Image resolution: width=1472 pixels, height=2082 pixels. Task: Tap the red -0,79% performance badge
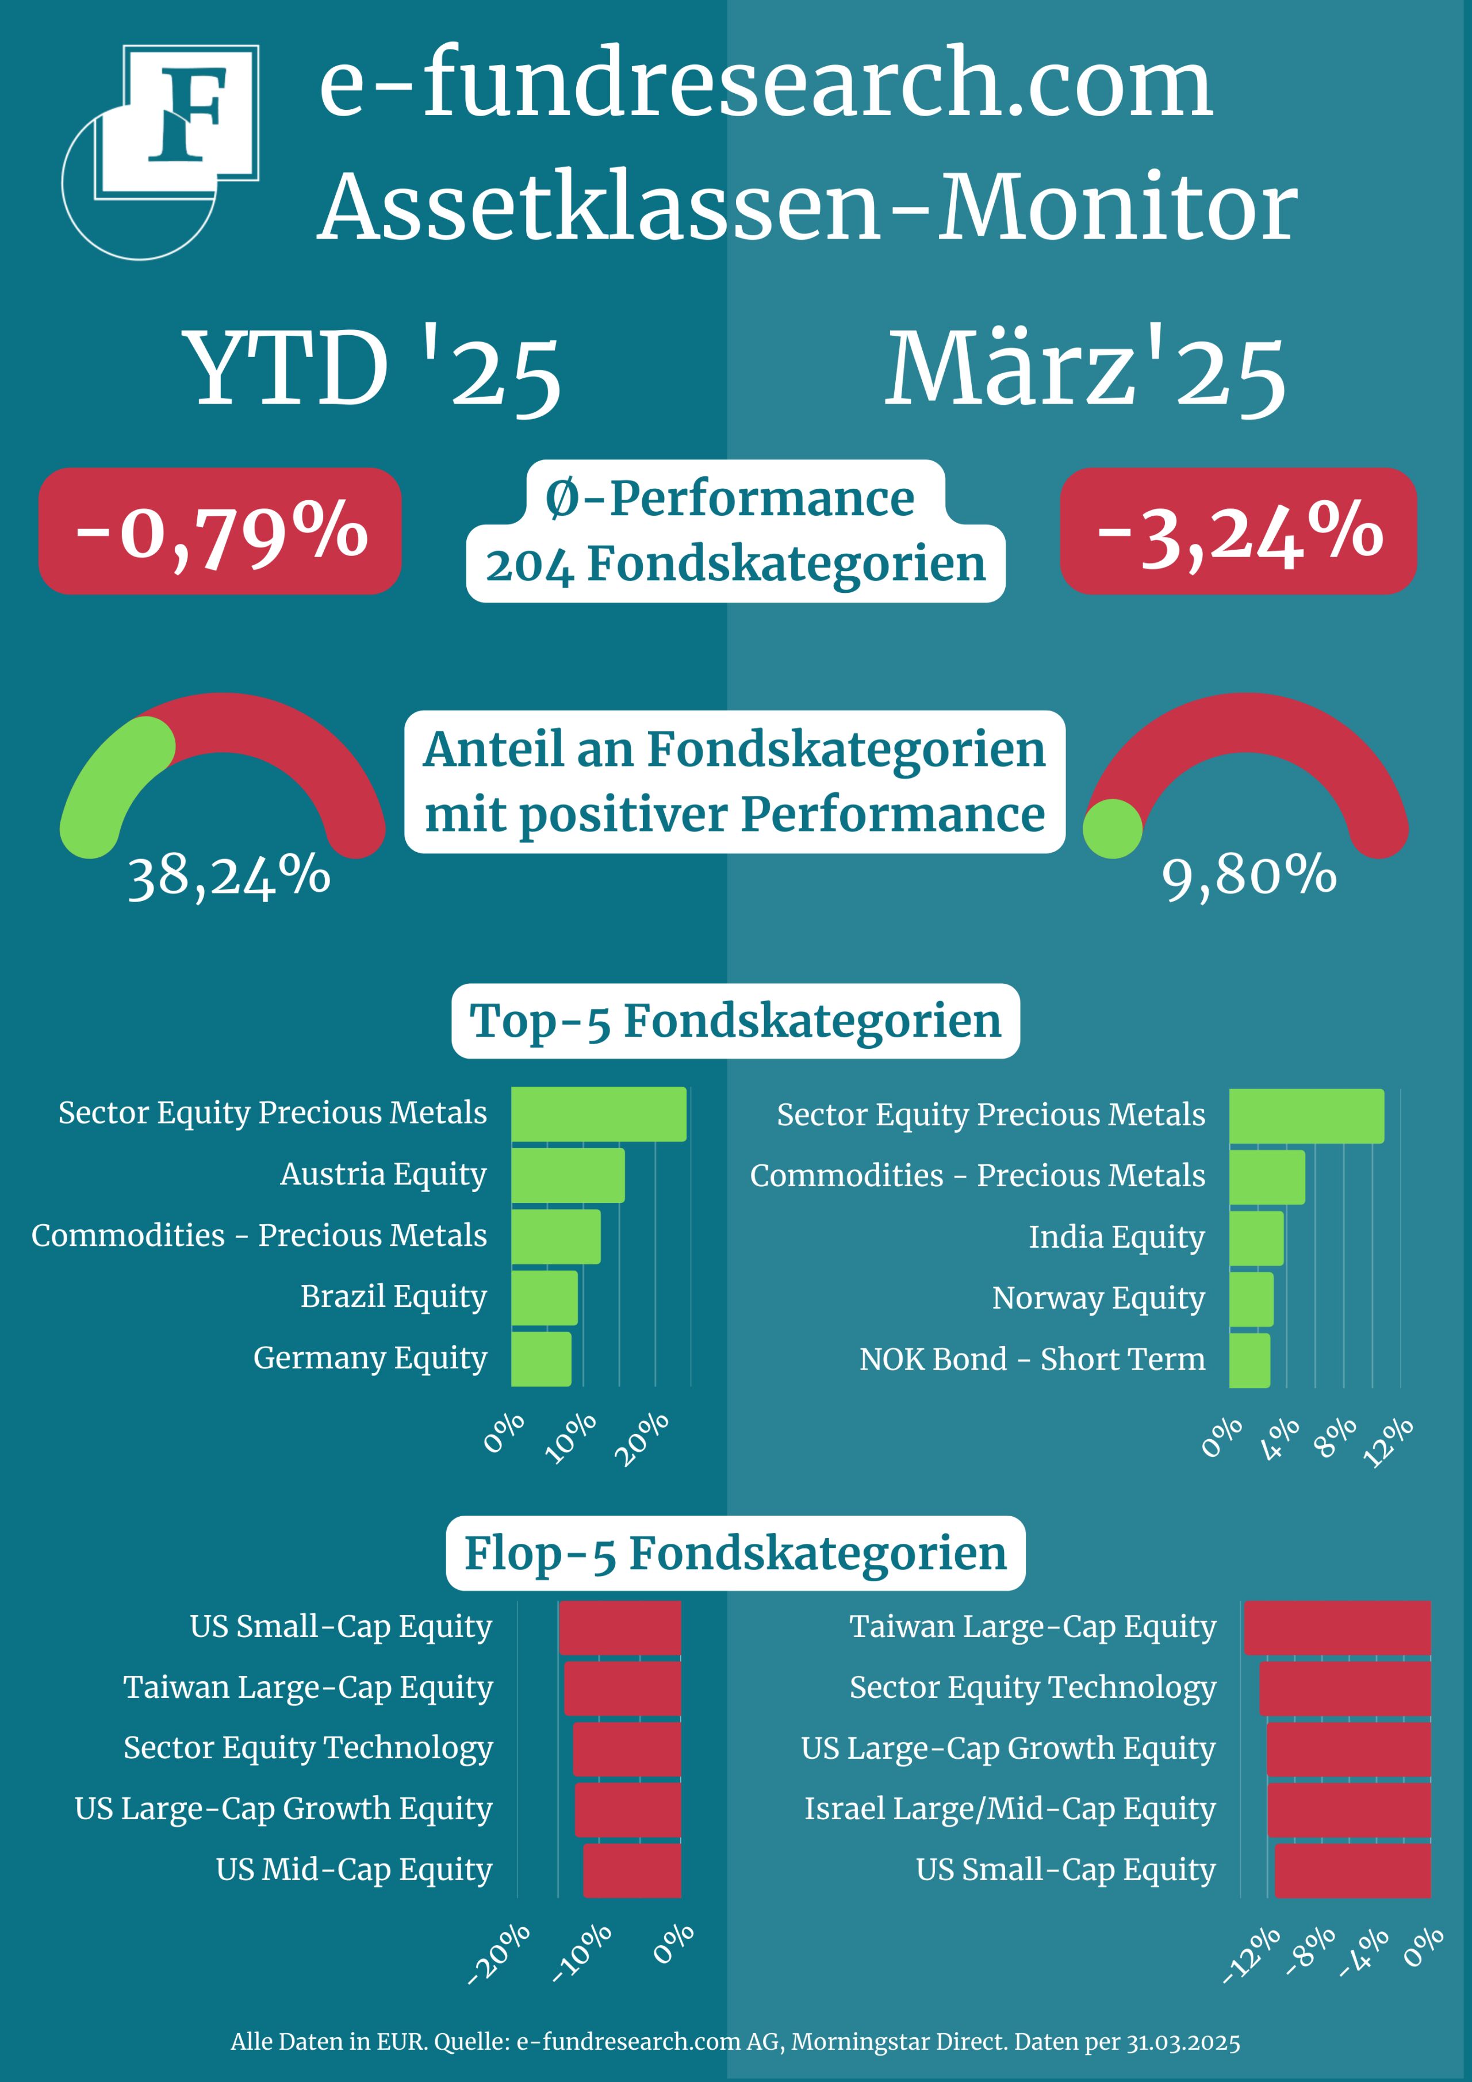220,531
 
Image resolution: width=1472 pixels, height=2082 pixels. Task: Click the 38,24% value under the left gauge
228,877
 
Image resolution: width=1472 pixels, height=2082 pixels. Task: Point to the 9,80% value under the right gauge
1249,877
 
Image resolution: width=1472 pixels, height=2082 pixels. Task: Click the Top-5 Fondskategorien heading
735,1021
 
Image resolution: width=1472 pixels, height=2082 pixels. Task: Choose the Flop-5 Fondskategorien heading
735,1554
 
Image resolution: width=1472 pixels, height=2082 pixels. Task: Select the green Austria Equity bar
568,1175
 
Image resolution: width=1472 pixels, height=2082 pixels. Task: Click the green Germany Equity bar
542,1358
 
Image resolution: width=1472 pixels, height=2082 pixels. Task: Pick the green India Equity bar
1256,1238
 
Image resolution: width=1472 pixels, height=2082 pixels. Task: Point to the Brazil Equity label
394,1297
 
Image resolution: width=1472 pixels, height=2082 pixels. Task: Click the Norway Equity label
1098,1298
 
